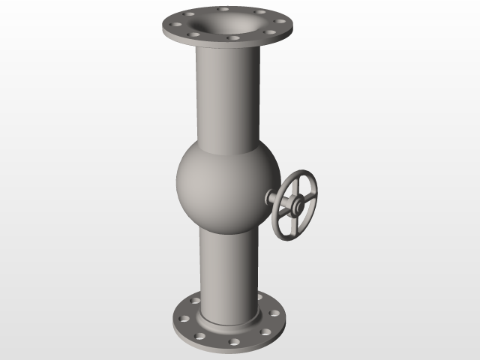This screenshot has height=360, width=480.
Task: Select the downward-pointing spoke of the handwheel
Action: [294, 220]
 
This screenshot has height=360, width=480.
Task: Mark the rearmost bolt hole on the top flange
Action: [225, 9]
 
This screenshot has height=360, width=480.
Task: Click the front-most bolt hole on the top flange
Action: [233, 37]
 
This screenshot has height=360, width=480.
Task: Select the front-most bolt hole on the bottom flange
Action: [234, 341]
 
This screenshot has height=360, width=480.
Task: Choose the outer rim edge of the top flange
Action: [225, 43]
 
